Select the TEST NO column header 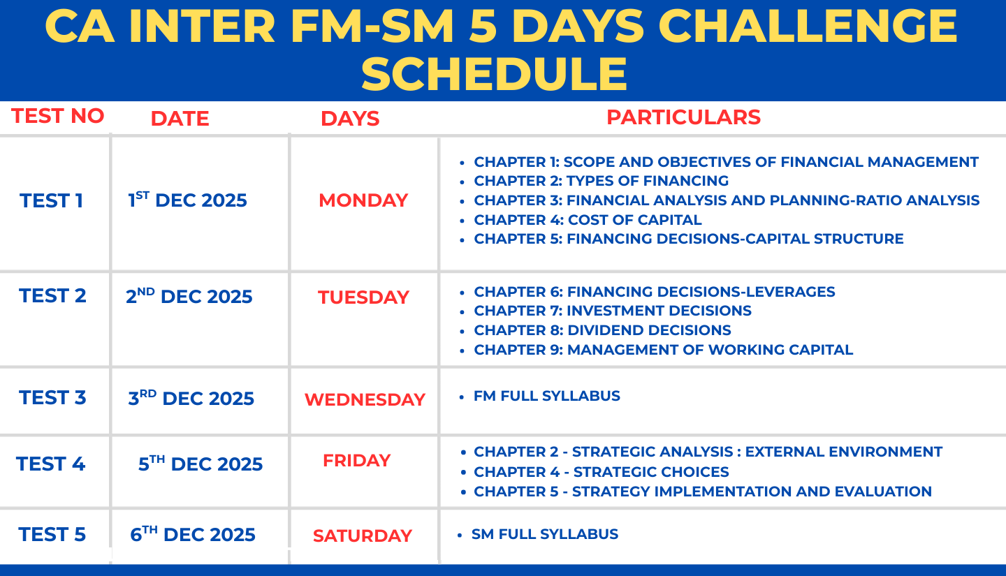pyautogui.click(x=57, y=116)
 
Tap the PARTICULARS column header pyautogui.click(x=683, y=117)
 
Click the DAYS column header pyautogui.click(x=350, y=119)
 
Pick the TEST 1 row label pyautogui.click(x=51, y=200)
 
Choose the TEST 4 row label pyautogui.click(x=50, y=464)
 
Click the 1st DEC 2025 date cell pyautogui.click(x=187, y=200)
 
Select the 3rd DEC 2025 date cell pyautogui.click(x=191, y=398)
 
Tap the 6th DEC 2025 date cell pyautogui.click(x=193, y=534)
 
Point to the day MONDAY pyautogui.click(x=363, y=200)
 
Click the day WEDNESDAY pyautogui.click(x=365, y=399)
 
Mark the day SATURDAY pyautogui.click(x=363, y=536)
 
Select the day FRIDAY pyautogui.click(x=356, y=461)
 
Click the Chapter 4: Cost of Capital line pyautogui.click(x=588, y=219)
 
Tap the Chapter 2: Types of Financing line pyautogui.click(x=601, y=180)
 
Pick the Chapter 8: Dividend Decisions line pyautogui.click(x=602, y=330)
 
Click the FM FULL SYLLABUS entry pyautogui.click(x=546, y=396)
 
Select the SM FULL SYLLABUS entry pyautogui.click(x=545, y=534)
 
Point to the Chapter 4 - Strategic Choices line pyautogui.click(x=602, y=472)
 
